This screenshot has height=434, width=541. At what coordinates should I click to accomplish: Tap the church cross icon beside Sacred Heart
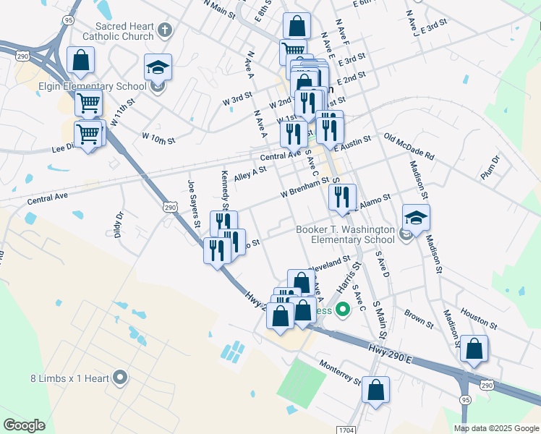coord(165,30)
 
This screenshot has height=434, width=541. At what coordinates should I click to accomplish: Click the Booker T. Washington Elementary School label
coord(345,235)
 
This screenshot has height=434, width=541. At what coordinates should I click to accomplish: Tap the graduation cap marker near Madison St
coord(416,217)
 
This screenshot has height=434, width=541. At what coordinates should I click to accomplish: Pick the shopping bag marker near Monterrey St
coord(376,391)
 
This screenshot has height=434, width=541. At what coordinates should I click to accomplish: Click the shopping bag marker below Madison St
coord(474,349)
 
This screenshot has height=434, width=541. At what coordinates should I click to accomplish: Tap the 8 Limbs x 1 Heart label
coord(69,378)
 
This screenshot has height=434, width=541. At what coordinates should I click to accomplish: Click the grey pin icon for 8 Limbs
coord(120,377)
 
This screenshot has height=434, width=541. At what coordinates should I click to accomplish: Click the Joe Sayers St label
coord(194,203)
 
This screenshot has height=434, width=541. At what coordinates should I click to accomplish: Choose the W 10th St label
coord(158,137)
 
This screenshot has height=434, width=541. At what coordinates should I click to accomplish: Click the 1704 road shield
coord(346,430)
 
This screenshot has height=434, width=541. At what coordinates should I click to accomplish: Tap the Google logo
coord(24,425)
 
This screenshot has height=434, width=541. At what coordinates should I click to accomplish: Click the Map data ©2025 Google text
coord(496,428)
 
